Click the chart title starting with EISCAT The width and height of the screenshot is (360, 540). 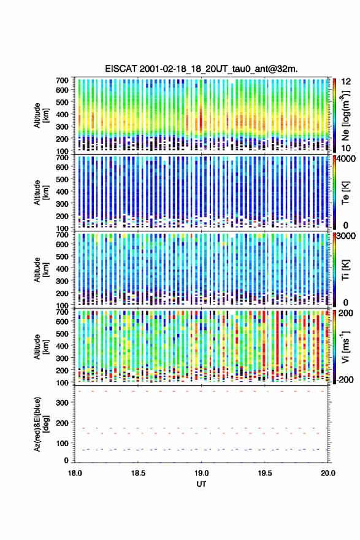(201, 69)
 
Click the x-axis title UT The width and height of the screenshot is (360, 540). (201, 484)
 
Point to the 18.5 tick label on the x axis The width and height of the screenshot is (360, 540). (138, 473)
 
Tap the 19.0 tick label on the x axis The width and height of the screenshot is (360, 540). (201, 473)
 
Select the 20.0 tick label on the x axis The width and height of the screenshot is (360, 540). (328, 473)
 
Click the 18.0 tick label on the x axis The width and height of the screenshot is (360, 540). (75, 473)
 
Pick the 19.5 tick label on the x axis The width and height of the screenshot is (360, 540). (265, 473)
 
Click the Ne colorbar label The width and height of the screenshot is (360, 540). (346, 116)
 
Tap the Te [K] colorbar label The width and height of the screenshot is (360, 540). (345, 193)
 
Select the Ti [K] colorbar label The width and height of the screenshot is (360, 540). (345, 269)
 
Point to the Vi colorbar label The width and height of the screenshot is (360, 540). (345, 347)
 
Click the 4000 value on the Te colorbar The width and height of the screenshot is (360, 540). (347, 159)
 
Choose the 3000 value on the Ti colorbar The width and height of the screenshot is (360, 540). (347, 236)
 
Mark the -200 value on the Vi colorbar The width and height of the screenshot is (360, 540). (345, 379)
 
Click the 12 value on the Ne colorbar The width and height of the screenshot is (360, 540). (347, 82)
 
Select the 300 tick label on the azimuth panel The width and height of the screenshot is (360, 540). (63, 403)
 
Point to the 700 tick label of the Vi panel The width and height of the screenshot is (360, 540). (63, 312)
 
